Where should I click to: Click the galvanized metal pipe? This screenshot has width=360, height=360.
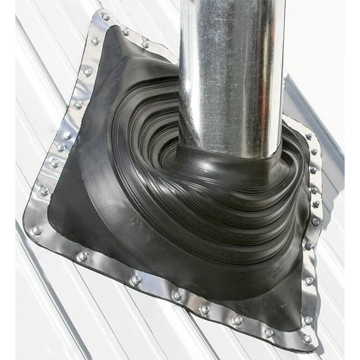230,71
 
